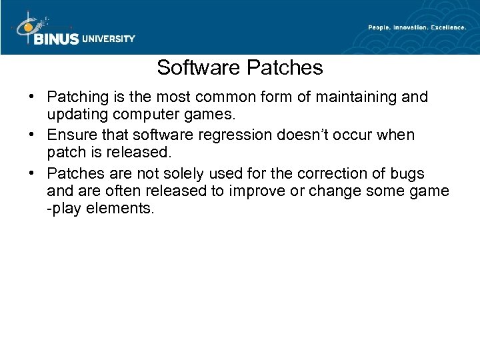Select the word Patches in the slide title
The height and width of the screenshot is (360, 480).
click(284, 68)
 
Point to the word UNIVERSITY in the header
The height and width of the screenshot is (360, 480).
click(109, 39)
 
